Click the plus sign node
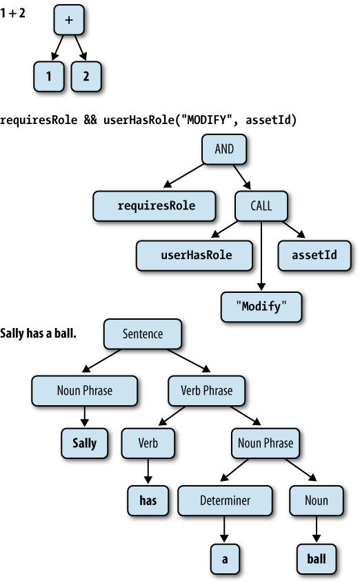69,20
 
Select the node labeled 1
48,76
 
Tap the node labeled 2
86,76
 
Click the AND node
224,149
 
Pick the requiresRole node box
154,206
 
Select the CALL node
261,206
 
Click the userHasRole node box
194,256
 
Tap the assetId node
314,256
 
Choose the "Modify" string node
261,307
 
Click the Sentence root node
143,334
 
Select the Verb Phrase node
207,391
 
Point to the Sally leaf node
85,443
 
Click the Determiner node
225,500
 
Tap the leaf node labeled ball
317,559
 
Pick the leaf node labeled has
148,500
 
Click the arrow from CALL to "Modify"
261,256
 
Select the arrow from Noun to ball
317,529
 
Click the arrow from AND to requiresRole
184,175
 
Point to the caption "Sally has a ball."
38,333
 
